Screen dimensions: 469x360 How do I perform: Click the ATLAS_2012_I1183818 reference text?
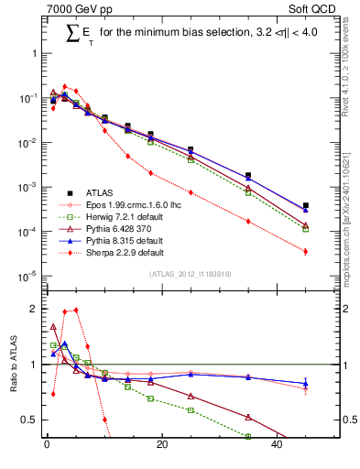click(x=189, y=274)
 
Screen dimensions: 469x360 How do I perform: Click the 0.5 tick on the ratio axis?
click(x=29, y=420)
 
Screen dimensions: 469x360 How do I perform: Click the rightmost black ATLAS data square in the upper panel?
click(x=306, y=206)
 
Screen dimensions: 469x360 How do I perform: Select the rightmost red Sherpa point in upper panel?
click(x=306, y=251)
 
